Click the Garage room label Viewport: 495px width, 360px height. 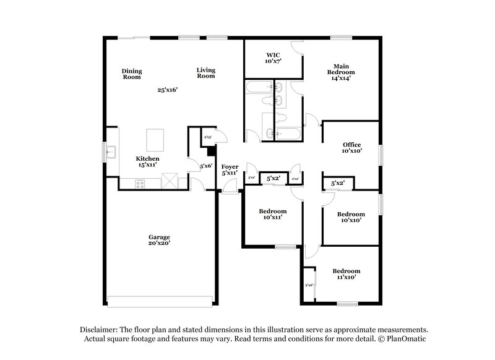tap(159, 240)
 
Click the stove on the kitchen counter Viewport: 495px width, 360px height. tap(140, 182)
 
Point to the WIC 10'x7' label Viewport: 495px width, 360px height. tap(273, 59)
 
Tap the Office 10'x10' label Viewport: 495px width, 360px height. tap(351, 147)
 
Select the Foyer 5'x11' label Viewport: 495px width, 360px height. tap(230, 169)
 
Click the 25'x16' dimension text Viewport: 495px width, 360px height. tap(167, 90)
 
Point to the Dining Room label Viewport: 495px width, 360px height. tap(131, 74)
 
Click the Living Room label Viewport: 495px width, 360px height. tap(206, 73)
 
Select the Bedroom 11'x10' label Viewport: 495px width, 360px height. tap(346, 274)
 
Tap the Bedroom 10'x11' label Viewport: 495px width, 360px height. tap(273, 214)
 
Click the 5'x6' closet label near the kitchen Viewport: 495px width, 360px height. tap(205, 165)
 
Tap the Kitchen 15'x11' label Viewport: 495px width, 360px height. tap(148, 162)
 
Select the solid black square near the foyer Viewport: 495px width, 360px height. tap(212, 150)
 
